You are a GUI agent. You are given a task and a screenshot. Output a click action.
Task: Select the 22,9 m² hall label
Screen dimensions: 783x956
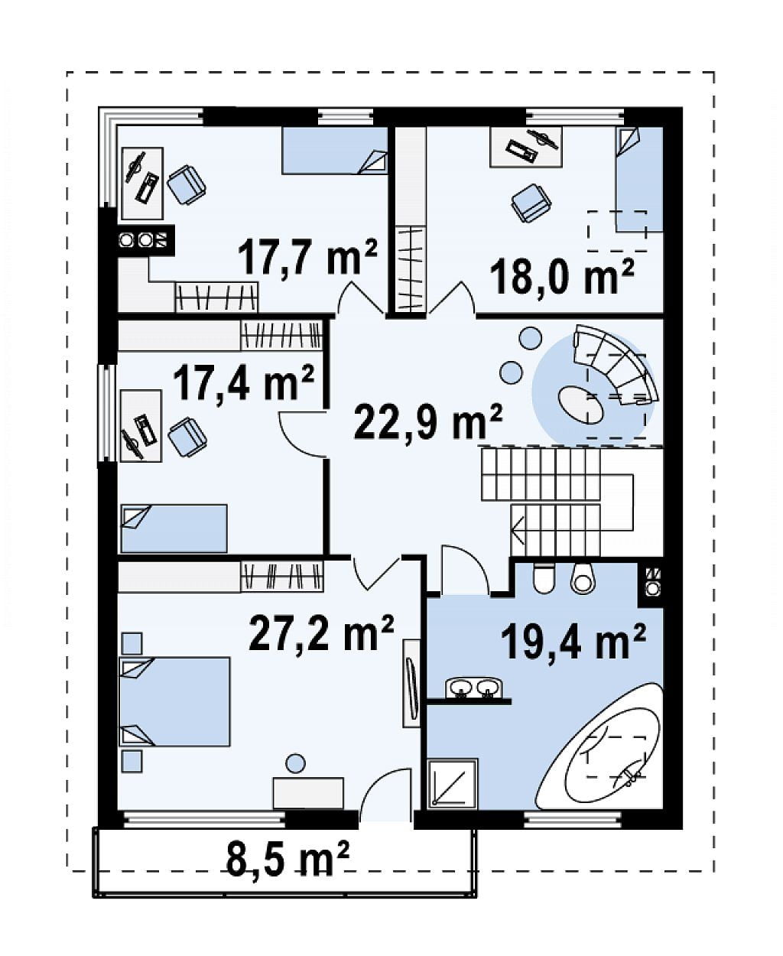(427, 421)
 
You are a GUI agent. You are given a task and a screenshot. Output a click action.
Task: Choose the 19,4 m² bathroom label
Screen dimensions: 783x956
(573, 642)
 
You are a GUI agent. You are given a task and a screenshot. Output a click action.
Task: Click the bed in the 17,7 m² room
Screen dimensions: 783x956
(335, 151)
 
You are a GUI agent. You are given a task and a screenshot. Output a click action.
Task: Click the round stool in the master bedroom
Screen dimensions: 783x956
(296, 763)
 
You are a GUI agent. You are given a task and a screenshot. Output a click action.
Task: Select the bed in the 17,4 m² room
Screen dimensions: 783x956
(174, 529)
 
